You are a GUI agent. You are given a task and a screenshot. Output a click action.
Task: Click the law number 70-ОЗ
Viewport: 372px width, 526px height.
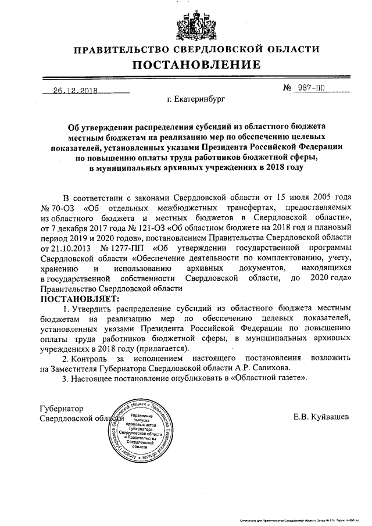coord(62,207)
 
